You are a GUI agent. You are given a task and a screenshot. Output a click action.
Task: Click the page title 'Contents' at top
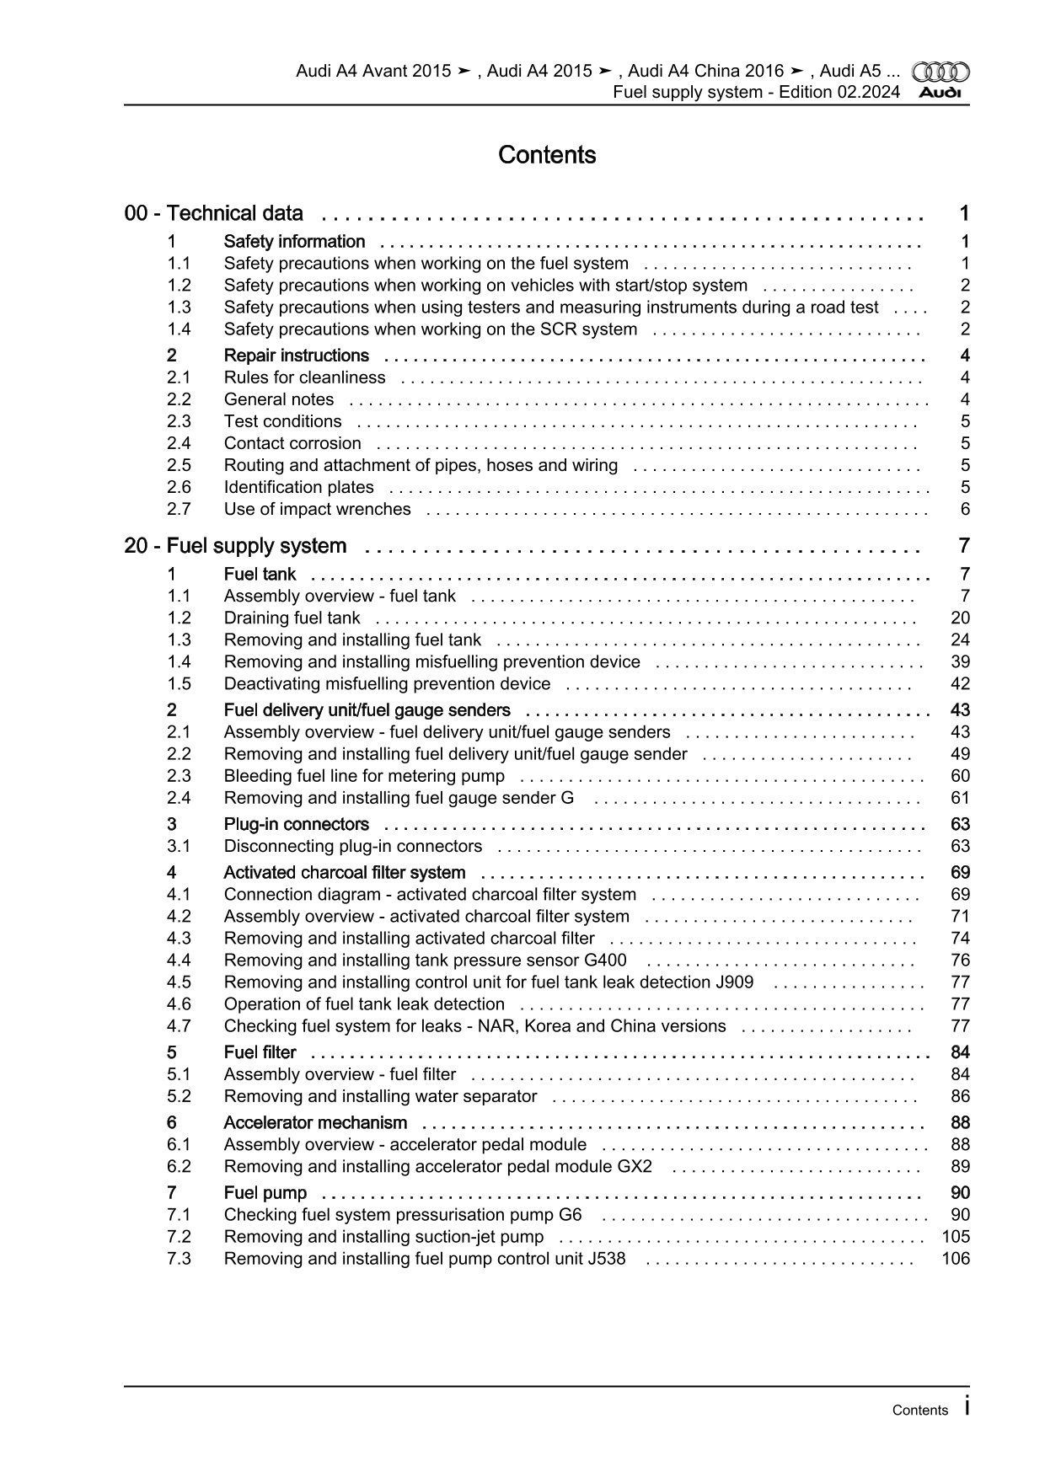coord(547,155)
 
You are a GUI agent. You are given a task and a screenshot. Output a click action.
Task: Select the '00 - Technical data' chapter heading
coord(214,213)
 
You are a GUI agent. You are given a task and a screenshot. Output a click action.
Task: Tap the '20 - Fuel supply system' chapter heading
coord(235,546)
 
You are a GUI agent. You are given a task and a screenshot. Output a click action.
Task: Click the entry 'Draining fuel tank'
coord(292,618)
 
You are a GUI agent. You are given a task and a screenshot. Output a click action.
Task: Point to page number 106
coord(956,1259)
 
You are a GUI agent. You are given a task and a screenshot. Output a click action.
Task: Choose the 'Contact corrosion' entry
coord(292,443)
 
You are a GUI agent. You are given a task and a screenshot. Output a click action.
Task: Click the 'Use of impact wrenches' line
coord(317,509)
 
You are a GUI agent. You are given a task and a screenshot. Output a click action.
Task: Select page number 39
coord(960,662)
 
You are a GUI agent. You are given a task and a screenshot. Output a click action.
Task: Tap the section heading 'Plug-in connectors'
coord(296,824)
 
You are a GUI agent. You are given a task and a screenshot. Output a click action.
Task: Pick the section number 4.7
coord(179,1026)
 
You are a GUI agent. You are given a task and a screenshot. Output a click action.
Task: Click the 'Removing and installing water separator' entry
coord(380,1096)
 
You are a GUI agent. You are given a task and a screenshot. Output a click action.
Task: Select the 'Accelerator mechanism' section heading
coord(315,1123)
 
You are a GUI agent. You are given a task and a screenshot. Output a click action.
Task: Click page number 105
coord(956,1237)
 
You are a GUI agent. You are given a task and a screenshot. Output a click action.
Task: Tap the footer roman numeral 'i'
coord(966,1406)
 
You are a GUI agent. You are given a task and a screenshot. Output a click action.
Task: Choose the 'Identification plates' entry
coord(298,487)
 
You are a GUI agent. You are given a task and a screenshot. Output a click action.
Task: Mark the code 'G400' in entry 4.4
coord(605,961)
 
